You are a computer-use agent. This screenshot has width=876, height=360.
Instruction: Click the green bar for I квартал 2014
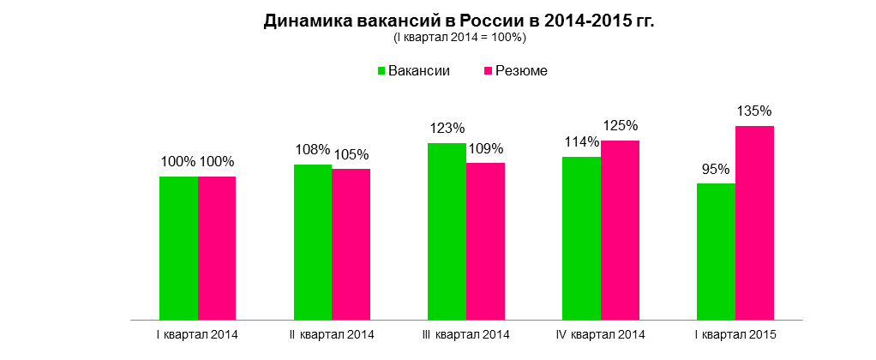click(179, 248)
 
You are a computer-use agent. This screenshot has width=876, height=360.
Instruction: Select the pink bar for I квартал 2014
click(217, 248)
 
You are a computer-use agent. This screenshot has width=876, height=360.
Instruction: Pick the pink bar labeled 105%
click(351, 244)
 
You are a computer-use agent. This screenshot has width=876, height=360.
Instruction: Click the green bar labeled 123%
click(447, 231)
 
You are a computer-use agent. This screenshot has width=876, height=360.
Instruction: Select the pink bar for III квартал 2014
click(485, 241)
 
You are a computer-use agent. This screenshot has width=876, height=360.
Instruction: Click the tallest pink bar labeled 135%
click(754, 223)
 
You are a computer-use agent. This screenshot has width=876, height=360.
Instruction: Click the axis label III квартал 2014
click(466, 333)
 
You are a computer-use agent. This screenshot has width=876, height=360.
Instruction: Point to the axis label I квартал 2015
click(735, 333)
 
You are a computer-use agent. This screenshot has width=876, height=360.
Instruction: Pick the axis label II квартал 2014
click(333, 333)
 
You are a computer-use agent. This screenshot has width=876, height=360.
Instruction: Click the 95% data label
click(715, 169)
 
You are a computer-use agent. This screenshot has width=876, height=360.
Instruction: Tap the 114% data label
click(580, 141)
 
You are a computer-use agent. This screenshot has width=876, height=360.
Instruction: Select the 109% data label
click(486, 148)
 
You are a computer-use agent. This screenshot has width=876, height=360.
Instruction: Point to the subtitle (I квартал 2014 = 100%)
click(459, 38)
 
